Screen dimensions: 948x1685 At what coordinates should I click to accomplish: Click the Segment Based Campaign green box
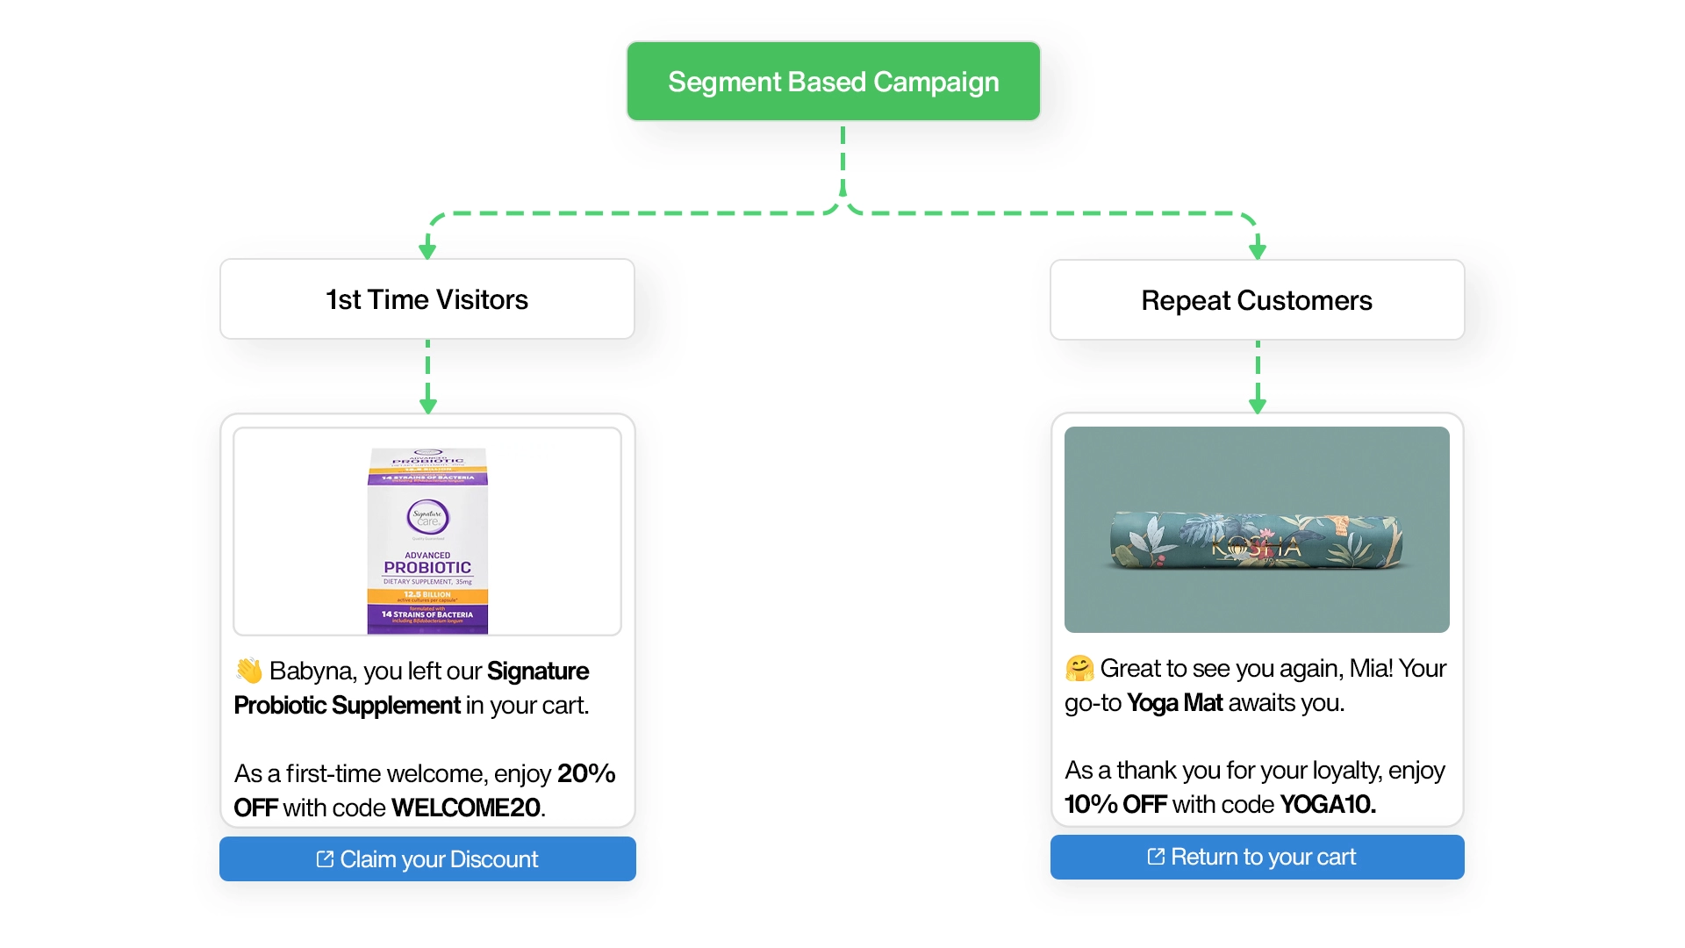point(833,82)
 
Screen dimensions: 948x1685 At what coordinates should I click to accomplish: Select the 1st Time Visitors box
point(427,299)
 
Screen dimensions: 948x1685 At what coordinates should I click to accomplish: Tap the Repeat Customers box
point(1257,300)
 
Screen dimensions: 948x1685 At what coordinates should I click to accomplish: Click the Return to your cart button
point(1257,857)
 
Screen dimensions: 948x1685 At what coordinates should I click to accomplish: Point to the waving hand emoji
point(249,671)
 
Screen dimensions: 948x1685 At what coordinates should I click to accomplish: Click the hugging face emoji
point(1079,668)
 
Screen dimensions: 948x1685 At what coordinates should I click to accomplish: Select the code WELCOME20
point(466,808)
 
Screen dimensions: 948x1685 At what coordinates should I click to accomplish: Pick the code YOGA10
point(1327,804)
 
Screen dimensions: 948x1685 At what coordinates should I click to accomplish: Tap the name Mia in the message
point(1369,668)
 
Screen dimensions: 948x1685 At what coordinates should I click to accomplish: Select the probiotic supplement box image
point(427,541)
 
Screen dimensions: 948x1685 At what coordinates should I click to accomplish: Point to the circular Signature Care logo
point(427,517)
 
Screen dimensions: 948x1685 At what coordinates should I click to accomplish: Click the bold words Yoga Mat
point(1174,702)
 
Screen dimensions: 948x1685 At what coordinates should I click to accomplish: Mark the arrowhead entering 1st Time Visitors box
point(427,251)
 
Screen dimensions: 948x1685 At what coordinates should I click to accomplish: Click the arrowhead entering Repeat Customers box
point(1257,251)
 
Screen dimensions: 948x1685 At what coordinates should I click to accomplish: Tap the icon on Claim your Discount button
point(325,859)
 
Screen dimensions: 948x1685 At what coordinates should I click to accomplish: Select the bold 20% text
point(586,773)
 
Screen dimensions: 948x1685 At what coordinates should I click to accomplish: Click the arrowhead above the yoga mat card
point(1257,406)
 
